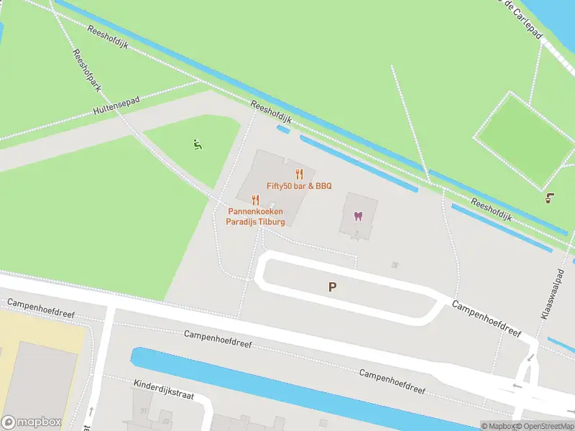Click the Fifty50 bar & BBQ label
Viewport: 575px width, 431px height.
click(x=299, y=186)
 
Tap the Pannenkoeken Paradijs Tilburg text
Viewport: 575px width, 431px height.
click(x=257, y=216)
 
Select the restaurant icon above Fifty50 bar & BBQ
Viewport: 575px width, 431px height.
click(x=300, y=173)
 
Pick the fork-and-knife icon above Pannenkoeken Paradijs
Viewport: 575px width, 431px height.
click(x=255, y=200)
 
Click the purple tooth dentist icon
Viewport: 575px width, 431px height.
click(x=358, y=216)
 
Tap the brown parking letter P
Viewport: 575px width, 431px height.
click(x=332, y=287)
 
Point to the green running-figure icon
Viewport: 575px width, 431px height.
click(x=197, y=144)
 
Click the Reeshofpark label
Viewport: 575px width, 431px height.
click(x=86, y=72)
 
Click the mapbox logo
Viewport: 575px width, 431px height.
click(x=29, y=422)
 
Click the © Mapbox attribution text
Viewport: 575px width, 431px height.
click(x=497, y=426)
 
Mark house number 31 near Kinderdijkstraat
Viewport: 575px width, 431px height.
click(x=144, y=411)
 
